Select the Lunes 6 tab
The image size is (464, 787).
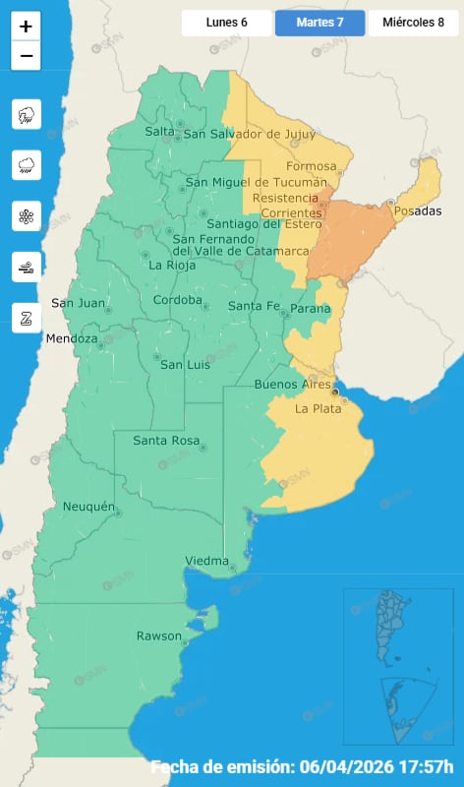(226, 23)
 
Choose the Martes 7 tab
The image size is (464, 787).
(319, 23)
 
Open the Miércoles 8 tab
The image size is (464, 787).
(413, 23)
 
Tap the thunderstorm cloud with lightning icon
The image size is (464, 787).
(26, 115)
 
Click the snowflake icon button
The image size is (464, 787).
(26, 215)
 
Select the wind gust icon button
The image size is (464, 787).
(26, 266)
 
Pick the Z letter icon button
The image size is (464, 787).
(26, 316)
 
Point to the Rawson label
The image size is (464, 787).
(159, 636)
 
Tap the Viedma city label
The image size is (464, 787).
(206, 561)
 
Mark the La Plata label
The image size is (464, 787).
(318, 408)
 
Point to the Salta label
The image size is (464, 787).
(159, 132)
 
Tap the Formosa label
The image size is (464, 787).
(311, 166)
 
